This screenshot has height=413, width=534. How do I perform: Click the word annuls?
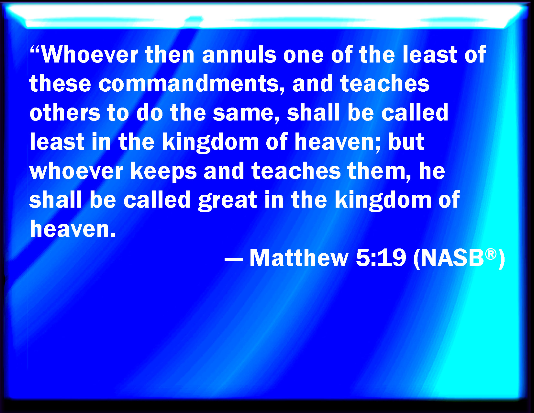tap(239, 55)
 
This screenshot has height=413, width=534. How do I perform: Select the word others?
tap(65, 112)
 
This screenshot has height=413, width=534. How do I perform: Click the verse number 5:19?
tap(381, 258)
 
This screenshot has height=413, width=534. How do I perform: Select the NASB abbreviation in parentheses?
tap(459, 258)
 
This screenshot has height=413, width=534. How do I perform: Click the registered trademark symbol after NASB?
tap(491, 254)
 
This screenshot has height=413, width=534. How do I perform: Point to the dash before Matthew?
tap(234, 259)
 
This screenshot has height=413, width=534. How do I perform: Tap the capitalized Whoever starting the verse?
tap(89, 55)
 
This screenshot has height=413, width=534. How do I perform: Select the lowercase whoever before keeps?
tap(76, 171)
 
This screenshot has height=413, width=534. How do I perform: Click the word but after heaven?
tap(406, 142)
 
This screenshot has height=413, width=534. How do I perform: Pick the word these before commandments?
tap(60, 84)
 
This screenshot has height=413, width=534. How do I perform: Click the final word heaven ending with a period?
tap(73, 229)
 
